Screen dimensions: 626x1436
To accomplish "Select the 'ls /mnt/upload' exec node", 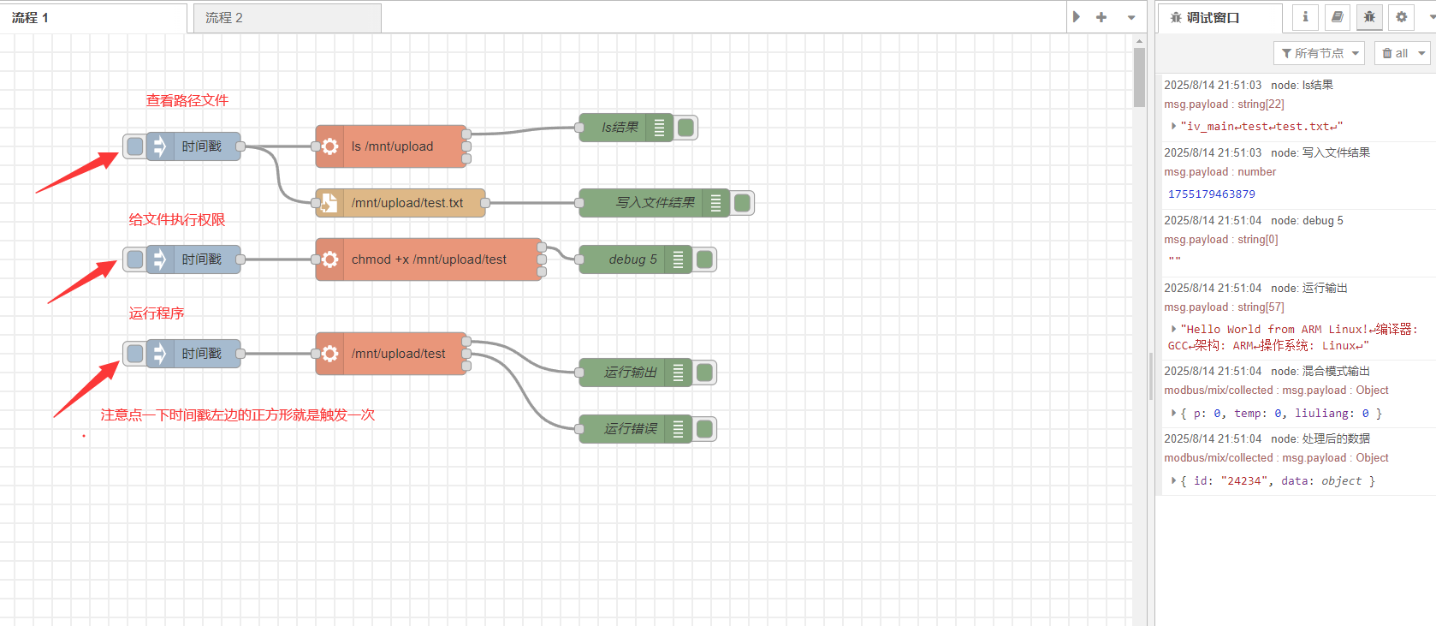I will coord(392,146).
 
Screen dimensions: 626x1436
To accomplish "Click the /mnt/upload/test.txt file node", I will coord(406,203).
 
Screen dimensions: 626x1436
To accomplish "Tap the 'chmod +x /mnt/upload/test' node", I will coord(429,259).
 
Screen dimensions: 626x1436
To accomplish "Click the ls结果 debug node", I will coord(620,128).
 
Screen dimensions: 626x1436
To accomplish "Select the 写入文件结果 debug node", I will coord(655,203).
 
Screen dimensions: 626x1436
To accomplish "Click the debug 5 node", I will coord(632,259).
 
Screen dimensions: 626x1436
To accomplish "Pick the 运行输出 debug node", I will coord(631,373).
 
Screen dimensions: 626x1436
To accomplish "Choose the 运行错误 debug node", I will coord(631,429).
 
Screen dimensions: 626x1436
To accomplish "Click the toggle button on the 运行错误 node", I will coord(705,429).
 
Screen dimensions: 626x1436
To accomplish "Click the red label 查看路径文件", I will coord(187,100).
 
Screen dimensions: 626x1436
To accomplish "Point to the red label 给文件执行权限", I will coord(177,219).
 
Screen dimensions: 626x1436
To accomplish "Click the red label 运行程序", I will coord(157,313).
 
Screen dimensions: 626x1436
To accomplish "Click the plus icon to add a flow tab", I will coord(1101,17).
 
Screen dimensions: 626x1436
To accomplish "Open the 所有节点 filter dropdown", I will coord(1319,53).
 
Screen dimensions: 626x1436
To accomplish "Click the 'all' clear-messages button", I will coord(1402,53).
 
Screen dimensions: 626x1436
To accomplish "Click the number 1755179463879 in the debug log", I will coord(1212,194).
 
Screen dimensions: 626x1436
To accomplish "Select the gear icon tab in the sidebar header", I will coord(1401,17).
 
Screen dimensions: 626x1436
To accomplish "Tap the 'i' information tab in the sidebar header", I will coord(1305,17).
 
